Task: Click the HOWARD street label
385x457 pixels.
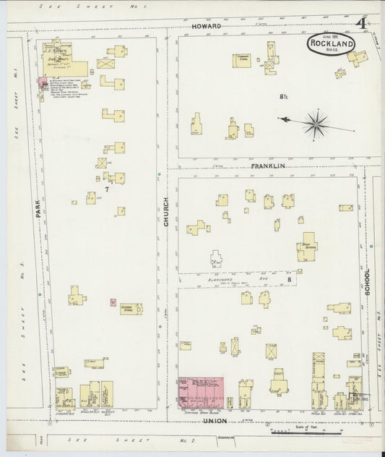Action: [x=206, y=25]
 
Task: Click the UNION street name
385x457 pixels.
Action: [x=215, y=420]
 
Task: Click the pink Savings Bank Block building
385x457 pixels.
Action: [x=201, y=391]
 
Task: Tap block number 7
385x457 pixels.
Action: [x=106, y=189]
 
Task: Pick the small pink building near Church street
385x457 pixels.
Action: [x=112, y=302]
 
